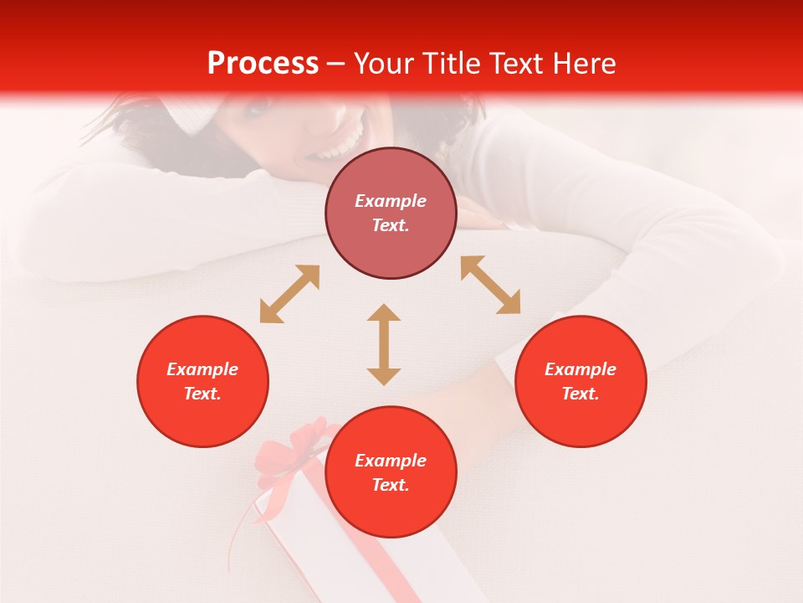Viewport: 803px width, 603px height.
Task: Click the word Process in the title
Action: (263, 64)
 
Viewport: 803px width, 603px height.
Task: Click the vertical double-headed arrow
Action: (384, 344)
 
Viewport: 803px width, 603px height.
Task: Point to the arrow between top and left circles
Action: (289, 294)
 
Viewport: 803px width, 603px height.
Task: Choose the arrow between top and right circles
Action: (490, 285)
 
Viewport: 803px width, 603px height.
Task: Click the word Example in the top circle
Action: (391, 201)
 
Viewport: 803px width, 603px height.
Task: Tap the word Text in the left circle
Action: (202, 394)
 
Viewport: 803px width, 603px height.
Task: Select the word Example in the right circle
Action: (581, 369)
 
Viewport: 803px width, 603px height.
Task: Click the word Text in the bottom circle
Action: (391, 485)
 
